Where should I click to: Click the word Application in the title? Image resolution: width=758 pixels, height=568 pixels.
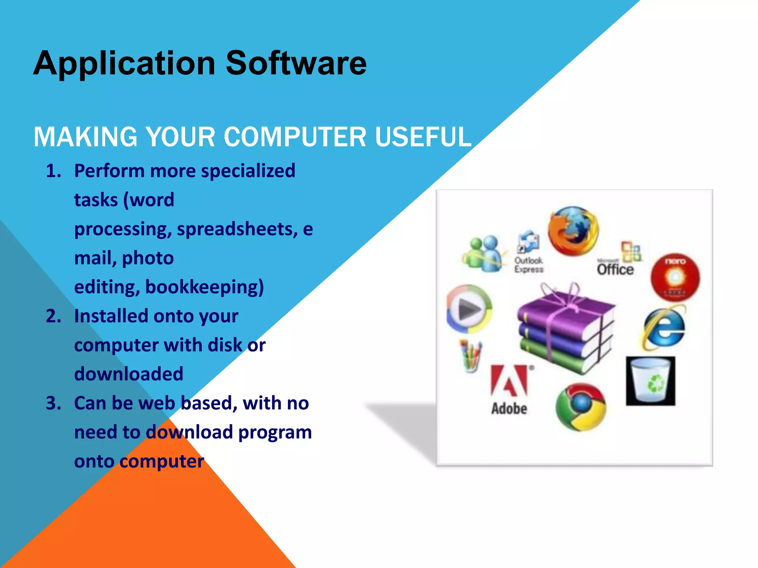tap(124, 64)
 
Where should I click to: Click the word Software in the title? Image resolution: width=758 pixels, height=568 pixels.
tap(296, 64)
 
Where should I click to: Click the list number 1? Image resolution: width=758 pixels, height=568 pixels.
tap(53, 171)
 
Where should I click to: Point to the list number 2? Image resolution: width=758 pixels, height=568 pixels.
tap(53, 317)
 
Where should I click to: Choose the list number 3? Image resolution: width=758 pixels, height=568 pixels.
tap(53, 403)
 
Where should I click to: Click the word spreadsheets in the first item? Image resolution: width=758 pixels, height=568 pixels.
tap(237, 229)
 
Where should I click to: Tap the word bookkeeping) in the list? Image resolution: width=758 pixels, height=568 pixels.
tap(204, 287)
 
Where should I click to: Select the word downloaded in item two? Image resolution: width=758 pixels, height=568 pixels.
tap(128, 374)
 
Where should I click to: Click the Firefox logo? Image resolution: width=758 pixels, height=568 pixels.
tap(573, 231)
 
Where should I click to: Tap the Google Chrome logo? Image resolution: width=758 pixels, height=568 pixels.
tap(581, 407)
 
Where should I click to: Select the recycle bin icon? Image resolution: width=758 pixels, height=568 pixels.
tap(651, 381)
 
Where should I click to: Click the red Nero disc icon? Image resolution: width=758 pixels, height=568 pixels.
tap(675, 277)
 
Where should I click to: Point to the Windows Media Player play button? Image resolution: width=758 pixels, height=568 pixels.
tap(469, 309)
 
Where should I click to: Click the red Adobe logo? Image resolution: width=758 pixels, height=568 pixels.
tap(509, 381)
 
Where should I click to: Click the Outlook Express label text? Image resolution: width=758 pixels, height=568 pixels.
tap(529, 265)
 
